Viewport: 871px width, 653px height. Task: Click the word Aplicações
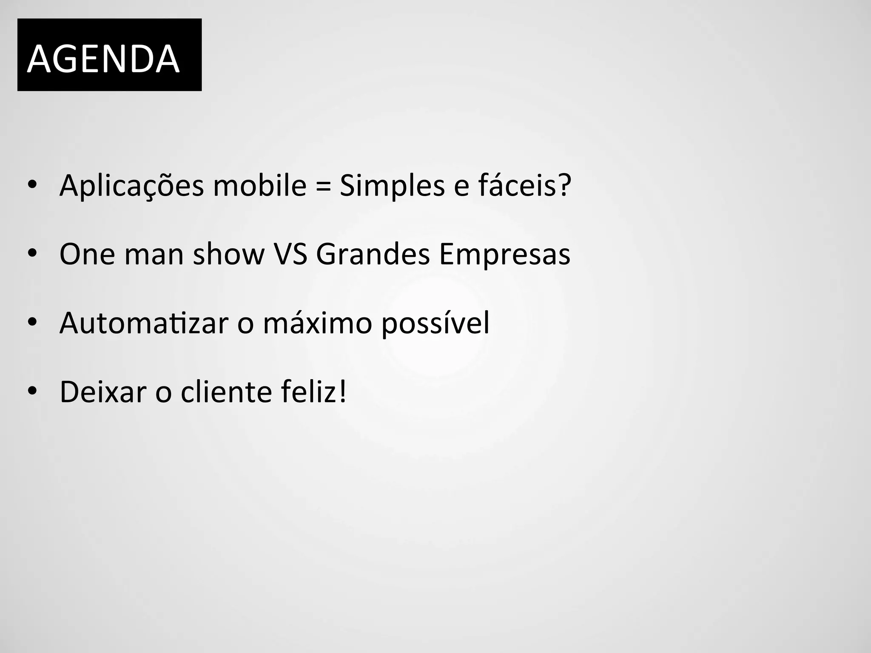coord(132,186)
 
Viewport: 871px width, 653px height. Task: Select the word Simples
coord(392,186)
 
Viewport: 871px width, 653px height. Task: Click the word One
coord(87,254)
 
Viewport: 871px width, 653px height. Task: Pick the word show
coord(229,254)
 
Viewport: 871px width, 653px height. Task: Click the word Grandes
coord(373,254)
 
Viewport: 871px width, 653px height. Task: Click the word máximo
coord(317,323)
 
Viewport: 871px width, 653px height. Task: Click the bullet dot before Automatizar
coord(32,322)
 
